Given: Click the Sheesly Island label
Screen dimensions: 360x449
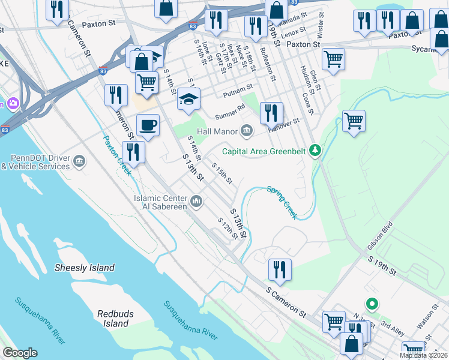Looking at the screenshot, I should [85, 268].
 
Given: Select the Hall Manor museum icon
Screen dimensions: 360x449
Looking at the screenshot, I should [247, 131].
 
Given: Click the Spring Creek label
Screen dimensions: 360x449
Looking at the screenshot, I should [282, 202].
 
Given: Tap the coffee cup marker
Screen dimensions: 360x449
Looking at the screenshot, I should [148, 125].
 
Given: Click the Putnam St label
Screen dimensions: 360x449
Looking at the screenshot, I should [238, 90].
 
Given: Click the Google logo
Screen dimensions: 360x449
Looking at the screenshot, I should [20, 353].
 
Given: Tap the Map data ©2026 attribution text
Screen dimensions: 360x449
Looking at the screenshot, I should [423, 355].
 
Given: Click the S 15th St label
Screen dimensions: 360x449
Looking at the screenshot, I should [221, 173].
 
